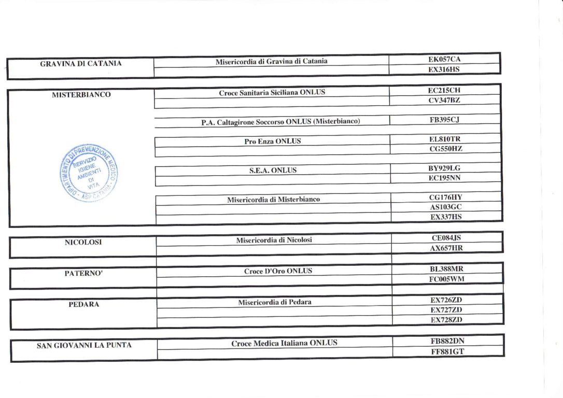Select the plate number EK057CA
coord(444,60)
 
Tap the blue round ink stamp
coord(89,173)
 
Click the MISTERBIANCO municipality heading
coord(81,95)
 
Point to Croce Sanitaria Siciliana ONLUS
coord(272,93)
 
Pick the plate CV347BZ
coord(444,100)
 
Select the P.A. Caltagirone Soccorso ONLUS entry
coord(280,122)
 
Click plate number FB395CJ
coord(445,120)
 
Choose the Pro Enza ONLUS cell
coord(272,141)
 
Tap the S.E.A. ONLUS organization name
coord(273,170)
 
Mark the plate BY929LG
coord(445,168)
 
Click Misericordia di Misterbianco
coord(273,200)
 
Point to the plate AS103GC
coord(445,207)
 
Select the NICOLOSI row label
coord(83,242)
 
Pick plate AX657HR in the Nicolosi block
coord(446,248)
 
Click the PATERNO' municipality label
coord(83,273)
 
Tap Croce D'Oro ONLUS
coord(278,271)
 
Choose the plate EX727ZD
coord(446,310)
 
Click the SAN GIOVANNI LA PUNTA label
coord(84,345)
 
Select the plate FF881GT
coord(447,351)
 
